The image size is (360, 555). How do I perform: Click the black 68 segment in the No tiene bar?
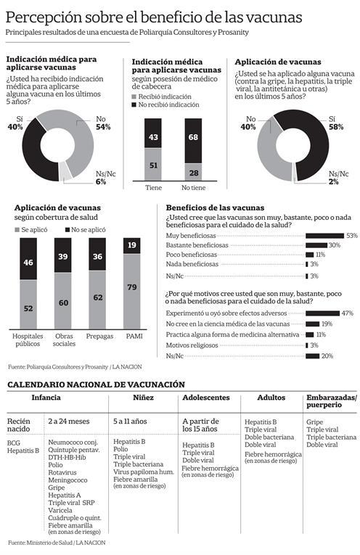[193, 141]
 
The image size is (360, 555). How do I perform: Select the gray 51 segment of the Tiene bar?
[153, 164]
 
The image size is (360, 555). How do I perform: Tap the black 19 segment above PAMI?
[131, 246]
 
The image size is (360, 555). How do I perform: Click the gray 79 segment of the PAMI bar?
[131, 292]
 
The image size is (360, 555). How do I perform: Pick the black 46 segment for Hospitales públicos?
[28, 259]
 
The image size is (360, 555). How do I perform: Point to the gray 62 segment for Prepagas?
[97, 300]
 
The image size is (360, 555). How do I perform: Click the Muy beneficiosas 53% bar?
[325, 236]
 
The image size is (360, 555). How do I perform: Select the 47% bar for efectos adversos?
[323, 313]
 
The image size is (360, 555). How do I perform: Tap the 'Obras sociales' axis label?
[64, 340]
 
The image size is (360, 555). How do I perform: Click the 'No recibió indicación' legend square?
[134, 104]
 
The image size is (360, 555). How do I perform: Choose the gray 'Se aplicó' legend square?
[17, 230]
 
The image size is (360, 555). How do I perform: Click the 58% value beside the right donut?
[336, 127]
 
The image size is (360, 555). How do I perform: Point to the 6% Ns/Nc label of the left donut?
[101, 182]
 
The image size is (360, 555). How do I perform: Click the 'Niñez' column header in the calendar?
[144, 398]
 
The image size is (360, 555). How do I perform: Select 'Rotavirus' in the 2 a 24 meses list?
[62, 472]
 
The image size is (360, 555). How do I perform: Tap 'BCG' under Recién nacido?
[14, 443]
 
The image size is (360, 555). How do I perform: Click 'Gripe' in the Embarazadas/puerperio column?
[315, 422]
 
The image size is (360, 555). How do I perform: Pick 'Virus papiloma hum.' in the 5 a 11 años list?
[144, 472]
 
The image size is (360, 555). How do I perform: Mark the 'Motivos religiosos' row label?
[192, 345]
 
